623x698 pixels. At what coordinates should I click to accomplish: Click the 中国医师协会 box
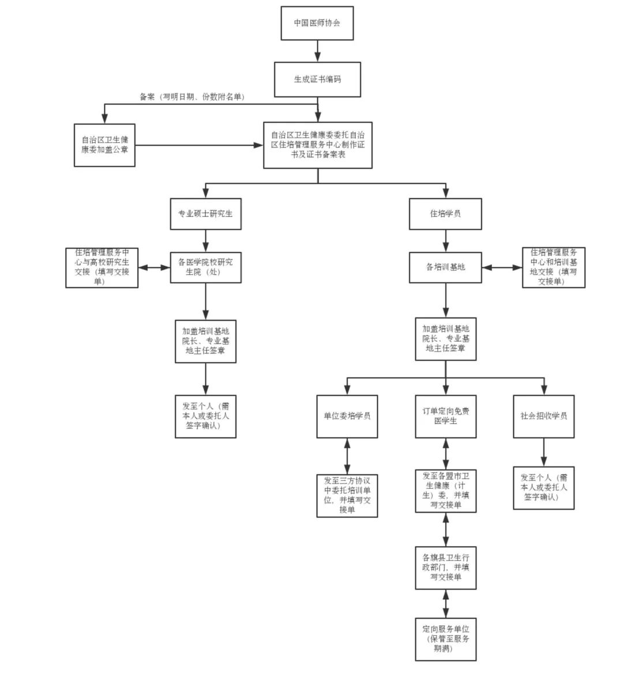coord(317,23)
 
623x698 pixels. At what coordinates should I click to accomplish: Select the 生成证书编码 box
coord(317,79)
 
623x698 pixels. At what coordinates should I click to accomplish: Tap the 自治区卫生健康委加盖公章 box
coord(104,145)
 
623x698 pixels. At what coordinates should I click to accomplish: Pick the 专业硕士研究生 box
coord(205,214)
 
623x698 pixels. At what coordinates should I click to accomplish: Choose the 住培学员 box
coord(445,214)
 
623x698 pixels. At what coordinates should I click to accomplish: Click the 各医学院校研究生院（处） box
coord(205,267)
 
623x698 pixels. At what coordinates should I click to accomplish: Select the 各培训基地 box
coord(445,267)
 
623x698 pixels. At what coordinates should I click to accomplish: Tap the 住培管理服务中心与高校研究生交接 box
coord(102,267)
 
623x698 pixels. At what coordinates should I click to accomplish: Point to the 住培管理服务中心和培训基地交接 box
coord(553,267)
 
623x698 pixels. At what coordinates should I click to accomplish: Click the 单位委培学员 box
coord(347,416)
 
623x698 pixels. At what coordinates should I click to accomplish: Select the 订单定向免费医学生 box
coord(445,416)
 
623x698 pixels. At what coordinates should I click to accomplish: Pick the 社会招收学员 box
coord(543,416)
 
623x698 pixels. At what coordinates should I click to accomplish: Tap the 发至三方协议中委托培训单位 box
coord(347,495)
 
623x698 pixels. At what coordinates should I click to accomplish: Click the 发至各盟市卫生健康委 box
coord(445,491)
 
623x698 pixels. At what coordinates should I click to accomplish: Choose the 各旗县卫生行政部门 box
coord(445,568)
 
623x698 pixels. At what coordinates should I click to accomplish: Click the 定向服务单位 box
coord(445,639)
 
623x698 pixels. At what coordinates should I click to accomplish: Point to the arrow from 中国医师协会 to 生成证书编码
coord(317,51)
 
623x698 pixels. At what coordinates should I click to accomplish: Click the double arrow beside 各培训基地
coord(502,267)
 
